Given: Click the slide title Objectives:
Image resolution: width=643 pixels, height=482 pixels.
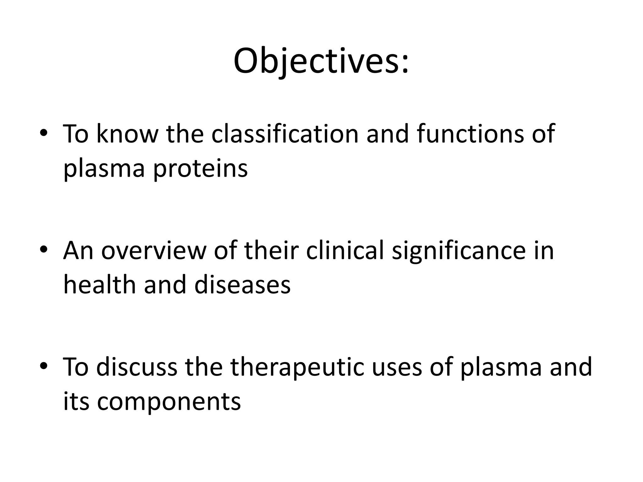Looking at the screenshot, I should (x=321, y=61).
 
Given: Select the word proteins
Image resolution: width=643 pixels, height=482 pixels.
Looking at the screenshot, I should (x=200, y=169).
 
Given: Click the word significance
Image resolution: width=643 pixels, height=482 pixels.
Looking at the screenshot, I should (x=459, y=251).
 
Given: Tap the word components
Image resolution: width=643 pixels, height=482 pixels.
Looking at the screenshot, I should (x=169, y=402).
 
